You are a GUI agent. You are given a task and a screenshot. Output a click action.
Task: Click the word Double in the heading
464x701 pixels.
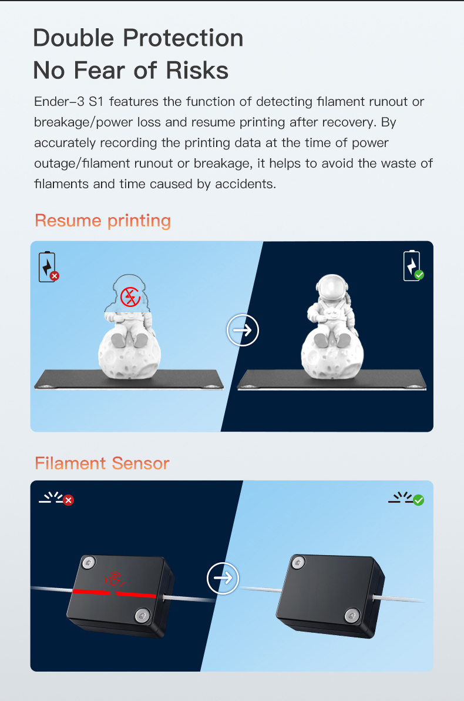tap(73, 38)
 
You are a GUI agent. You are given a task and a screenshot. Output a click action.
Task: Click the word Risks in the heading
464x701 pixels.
tap(197, 70)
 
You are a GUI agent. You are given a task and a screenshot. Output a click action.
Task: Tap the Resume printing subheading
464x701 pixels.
tap(103, 221)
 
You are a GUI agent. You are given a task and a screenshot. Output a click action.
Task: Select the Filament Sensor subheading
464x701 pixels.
tap(102, 463)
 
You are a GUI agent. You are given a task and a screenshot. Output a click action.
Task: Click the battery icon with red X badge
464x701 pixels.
tap(48, 267)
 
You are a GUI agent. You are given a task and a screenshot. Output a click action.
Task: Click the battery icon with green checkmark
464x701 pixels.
tap(413, 266)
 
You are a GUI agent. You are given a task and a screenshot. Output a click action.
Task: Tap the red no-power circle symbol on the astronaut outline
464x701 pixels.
tap(130, 297)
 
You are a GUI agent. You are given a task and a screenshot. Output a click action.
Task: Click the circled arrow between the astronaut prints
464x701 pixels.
tap(243, 331)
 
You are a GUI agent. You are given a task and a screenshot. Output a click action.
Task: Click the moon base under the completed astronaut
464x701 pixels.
tap(332, 356)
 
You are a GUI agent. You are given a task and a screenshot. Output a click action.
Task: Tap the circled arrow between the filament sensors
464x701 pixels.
tap(223, 578)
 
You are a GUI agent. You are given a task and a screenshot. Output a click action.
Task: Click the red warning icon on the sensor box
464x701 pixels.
tap(115, 579)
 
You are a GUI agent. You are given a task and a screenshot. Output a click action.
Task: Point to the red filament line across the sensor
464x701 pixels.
tap(115, 594)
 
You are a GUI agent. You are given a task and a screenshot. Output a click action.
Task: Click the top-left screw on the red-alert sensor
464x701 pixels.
tap(89, 562)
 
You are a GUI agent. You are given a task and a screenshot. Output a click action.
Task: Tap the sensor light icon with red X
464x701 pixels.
tap(56, 498)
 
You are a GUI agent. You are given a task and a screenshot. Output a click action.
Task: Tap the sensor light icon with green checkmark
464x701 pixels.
tap(406, 498)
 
